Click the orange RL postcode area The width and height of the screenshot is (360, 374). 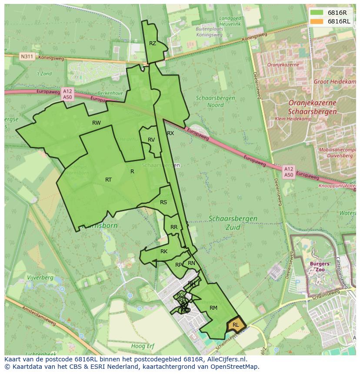click(x=236, y=325)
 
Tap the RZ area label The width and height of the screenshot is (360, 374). click(x=153, y=43)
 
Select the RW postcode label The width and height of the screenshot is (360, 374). click(x=97, y=123)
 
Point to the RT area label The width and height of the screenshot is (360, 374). click(x=108, y=180)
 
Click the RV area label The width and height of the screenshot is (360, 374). click(x=151, y=140)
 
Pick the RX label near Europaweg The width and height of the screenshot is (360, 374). click(x=170, y=133)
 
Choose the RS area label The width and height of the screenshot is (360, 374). click(x=163, y=202)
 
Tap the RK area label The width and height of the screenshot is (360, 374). click(x=164, y=252)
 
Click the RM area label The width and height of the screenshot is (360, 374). click(x=213, y=308)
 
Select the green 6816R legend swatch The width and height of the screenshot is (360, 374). click(x=317, y=13)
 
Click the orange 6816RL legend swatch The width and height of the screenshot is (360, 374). click(x=317, y=21)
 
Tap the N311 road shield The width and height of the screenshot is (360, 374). click(x=27, y=56)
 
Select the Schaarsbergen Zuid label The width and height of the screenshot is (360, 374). click(x=233, y=222)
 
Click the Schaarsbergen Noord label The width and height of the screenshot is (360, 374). click(x=215, y=101)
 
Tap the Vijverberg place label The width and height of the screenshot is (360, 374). click(x=40, y=278)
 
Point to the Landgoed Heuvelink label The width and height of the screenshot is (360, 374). click(x=230, y=21)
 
